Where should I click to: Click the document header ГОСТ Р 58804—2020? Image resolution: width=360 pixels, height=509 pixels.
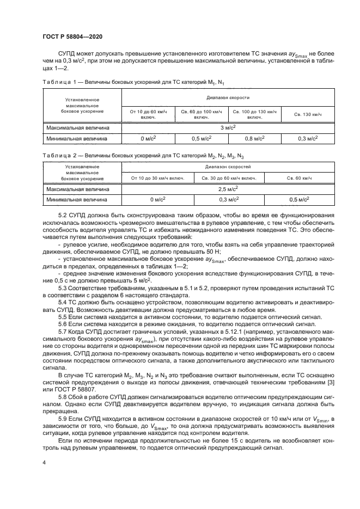72,36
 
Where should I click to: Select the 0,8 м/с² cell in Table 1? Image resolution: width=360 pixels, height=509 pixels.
254,138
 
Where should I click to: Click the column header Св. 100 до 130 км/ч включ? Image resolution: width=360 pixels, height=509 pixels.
254,114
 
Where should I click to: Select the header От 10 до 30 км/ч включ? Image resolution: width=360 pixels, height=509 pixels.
157,178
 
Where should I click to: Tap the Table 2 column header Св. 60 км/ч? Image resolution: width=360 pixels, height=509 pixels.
300,178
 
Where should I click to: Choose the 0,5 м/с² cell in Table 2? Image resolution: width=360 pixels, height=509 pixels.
300,200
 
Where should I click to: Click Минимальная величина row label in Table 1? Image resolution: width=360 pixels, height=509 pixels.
77,138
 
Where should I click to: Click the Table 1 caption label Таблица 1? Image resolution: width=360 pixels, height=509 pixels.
57,82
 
